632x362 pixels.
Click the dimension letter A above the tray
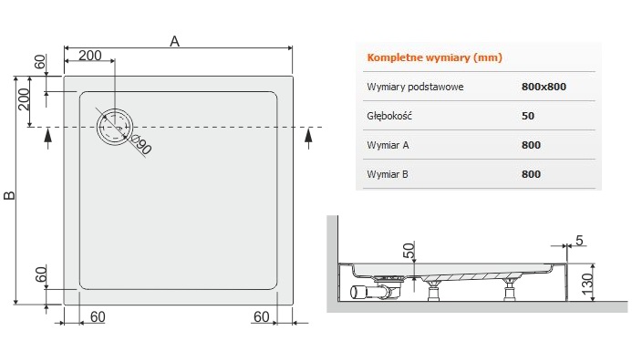tap(174, 41)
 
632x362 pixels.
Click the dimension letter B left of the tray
tap(9, 195)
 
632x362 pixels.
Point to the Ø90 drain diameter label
tap(142, 145)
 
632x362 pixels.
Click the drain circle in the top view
tap(115, 127)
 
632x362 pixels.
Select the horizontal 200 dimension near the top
tap(90, 56)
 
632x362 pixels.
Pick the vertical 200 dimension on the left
tap(25, 99)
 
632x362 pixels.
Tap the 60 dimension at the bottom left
tap(98, 317)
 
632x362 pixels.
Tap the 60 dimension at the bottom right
tap(261, 317)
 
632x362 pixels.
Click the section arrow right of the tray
tap(309, 139)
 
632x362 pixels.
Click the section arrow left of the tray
tap(48, 139)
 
